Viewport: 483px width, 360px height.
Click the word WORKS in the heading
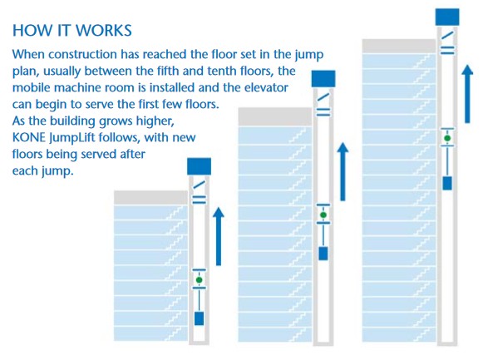[x=103, y=31]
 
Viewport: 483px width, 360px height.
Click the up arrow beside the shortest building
[x=219, y=236]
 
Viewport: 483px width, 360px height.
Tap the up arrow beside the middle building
[x=343, y=171]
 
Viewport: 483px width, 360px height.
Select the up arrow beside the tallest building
[x=467, y=94]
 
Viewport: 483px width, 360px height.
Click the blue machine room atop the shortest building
[x=199, y=166]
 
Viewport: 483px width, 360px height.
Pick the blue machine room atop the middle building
[x=323, y=79]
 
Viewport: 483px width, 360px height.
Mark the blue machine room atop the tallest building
[x=447, y=17]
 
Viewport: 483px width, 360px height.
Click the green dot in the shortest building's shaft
[x=199, y=280]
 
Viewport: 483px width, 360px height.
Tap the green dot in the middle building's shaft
[x=323, y=215]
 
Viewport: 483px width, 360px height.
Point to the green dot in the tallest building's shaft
[x=447, y=138]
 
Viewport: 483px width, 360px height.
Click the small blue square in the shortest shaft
[x=199, y=318]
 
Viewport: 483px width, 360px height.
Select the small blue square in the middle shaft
[x=323, y=254]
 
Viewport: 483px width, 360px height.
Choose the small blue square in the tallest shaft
[x=447, y=183]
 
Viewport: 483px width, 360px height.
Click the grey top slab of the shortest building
[x=151, y=197]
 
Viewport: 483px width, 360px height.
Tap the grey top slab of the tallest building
[x=399, y=46]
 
